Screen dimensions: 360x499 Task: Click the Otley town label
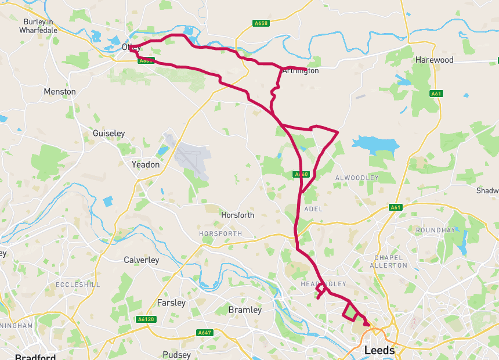click(131, 48)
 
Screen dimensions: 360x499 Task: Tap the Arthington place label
click(300, 71)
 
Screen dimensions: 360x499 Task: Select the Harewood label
click(434, 60)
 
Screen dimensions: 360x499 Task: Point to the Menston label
click(60, 92)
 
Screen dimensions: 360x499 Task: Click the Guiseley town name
click(109, 134)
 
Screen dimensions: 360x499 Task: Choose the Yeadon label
click(145, 164)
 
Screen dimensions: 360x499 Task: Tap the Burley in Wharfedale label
click(39, 26)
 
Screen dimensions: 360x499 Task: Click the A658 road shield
click(261, 23)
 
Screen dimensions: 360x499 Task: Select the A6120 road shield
click(146, 319)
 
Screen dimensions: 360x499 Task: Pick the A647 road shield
click(205, 333)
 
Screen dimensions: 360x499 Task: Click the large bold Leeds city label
click(379, 351)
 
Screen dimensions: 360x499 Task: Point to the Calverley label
click(141, 260)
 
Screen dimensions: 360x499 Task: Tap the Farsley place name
click(171, 303)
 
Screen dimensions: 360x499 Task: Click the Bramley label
click(245, 310)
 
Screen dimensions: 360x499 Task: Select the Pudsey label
click(176, 355)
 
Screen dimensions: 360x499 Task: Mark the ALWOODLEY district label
click(357, 178)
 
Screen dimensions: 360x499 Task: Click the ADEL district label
click(313, 208)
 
